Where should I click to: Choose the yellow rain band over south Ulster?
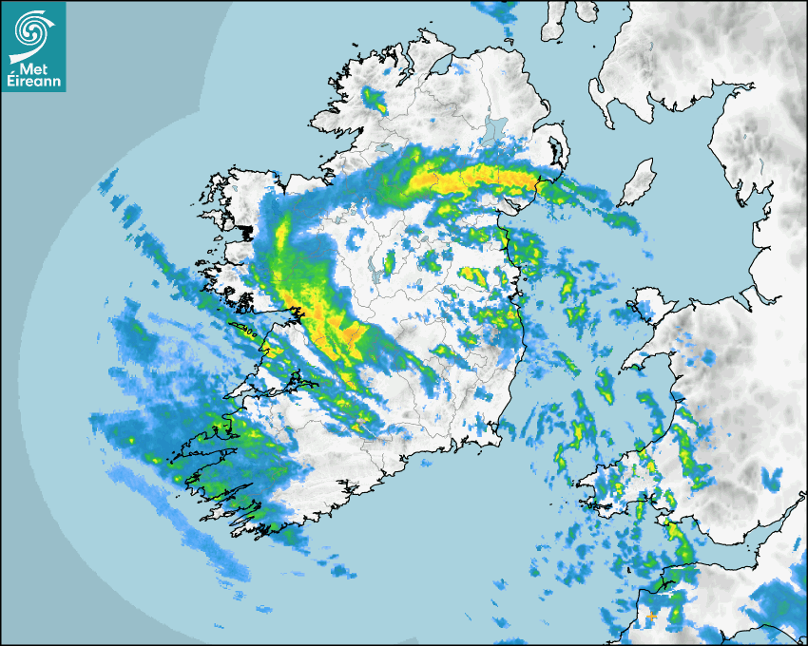pos(475,177)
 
